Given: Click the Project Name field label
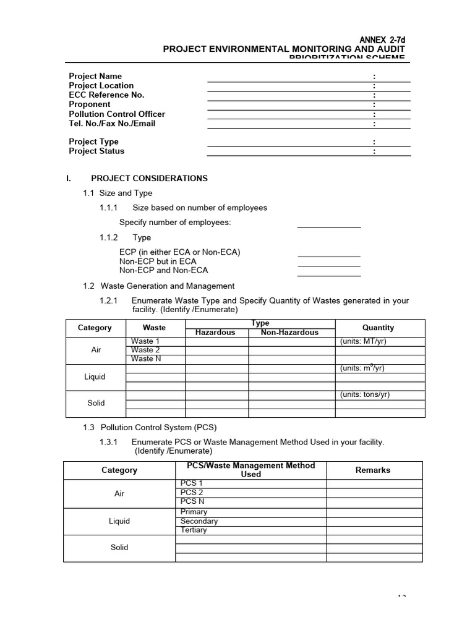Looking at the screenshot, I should (95, 76).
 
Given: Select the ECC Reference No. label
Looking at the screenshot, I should (106, 95).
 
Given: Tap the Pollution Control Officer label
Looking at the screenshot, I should (117, 114).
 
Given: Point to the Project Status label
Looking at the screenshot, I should (96, 151).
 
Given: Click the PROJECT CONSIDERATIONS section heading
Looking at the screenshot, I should (149, 178).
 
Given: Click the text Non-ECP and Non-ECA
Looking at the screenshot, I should (163, 270).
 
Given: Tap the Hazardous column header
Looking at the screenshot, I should (215, 332).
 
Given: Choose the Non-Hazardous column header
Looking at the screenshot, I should (289, 332).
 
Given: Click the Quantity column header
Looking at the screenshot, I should (378, 328).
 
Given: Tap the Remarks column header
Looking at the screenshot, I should (373, 470).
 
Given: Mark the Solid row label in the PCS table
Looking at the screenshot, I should (119, 547).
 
